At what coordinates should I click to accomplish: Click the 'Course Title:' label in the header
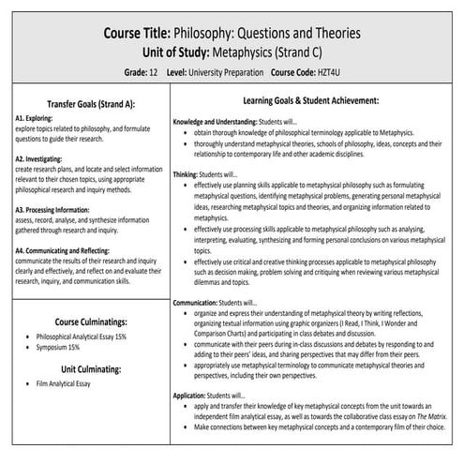point(151,34)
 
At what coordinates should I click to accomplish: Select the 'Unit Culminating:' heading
point(84,368)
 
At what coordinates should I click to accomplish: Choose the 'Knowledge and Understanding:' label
point(221,121)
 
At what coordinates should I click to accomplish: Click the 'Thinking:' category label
point(187,175)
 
